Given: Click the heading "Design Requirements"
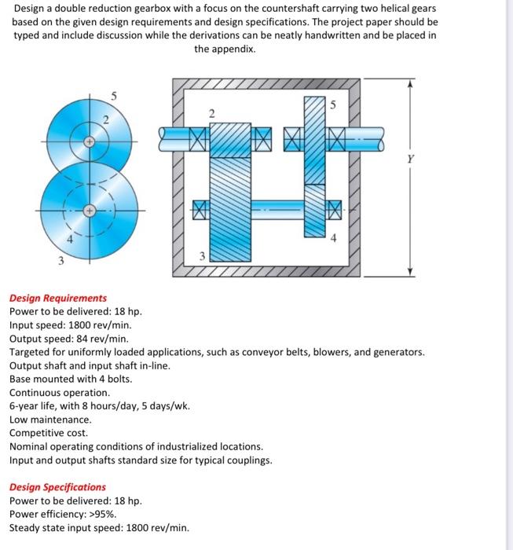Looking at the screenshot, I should (x=58, y=299).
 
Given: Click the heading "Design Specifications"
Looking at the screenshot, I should (x=57, y=487).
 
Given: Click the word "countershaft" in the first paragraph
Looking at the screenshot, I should (x=321, y=9).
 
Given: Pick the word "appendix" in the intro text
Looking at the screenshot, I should (x=234, y=49).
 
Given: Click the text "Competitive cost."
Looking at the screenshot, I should (x=49, y=433).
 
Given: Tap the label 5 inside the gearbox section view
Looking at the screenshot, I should (x=332, y=104).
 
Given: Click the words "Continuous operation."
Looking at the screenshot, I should (x=60, y=392).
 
